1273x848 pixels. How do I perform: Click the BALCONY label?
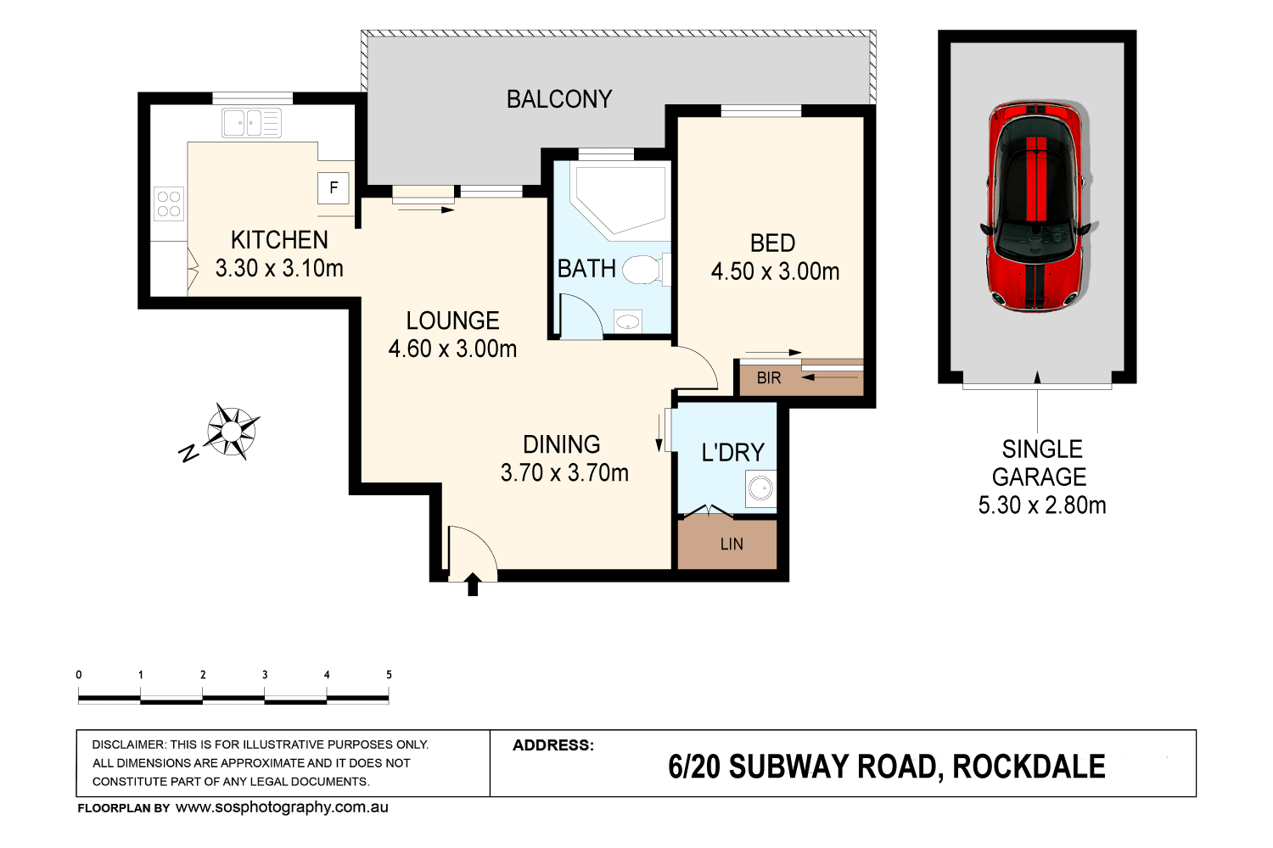559,99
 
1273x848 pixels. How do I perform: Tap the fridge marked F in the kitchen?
334,188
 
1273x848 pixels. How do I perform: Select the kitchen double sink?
251,123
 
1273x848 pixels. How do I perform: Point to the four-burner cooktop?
169,204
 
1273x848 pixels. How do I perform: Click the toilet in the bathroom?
642,271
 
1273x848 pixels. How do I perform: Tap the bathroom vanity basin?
628,321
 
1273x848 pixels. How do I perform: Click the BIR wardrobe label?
769,378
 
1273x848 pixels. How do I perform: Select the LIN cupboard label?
732,544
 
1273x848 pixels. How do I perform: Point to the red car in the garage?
1036,205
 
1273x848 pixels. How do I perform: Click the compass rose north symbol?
231,431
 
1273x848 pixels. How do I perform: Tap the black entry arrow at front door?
473,584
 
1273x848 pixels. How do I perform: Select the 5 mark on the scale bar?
389,675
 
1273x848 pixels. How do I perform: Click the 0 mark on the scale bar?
79,675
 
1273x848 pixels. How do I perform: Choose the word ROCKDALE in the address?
1029,767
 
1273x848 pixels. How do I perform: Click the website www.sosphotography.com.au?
282,807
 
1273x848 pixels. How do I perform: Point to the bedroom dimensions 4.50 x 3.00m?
775,271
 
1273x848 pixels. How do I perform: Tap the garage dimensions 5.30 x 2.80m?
1042,505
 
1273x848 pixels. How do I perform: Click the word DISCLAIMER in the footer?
128,745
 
